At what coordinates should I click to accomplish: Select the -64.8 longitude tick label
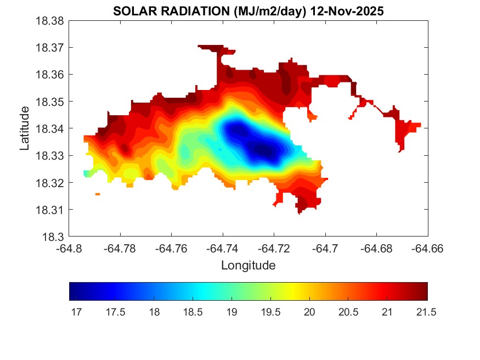tap(69, 248)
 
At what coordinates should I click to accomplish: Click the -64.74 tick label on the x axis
tap(223, 248)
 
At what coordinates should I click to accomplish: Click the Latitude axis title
tap(25, 129)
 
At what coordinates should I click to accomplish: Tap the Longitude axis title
tap(248, 266)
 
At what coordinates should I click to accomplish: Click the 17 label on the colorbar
tap(76, 312)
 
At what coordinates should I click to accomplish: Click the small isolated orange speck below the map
tap(98, 194)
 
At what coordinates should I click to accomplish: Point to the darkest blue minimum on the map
tap(262, 149)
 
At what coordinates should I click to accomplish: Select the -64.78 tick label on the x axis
tap(120, 248)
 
